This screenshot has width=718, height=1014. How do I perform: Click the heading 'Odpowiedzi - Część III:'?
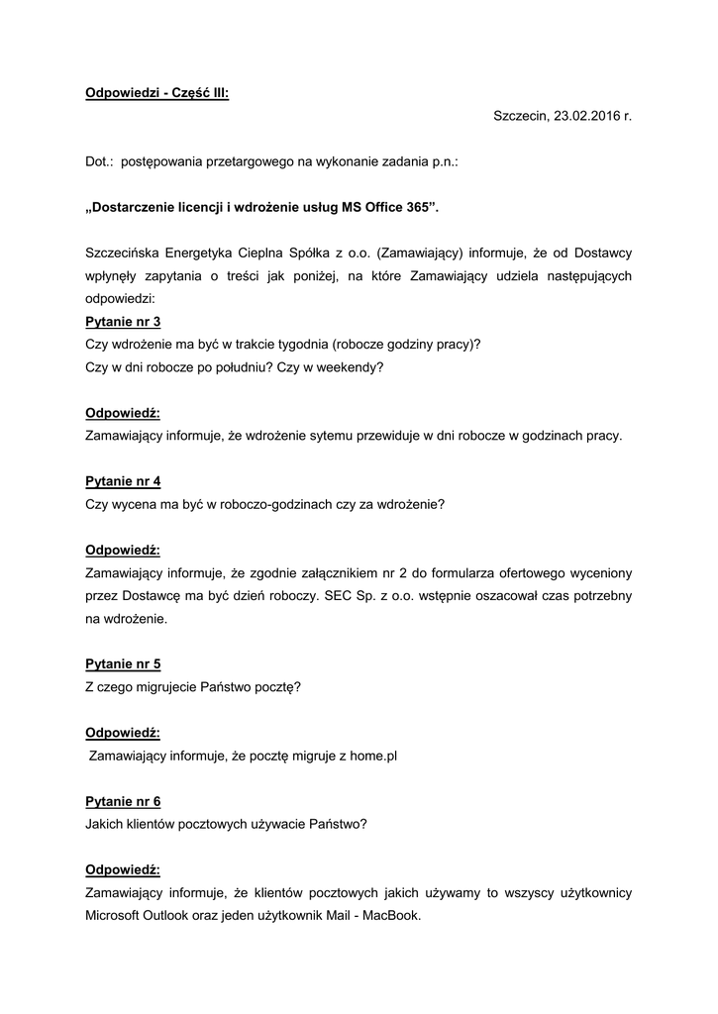[157, 93]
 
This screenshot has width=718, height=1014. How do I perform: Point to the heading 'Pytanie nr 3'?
[123, 322]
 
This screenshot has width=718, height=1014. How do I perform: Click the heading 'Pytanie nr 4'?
[123, 481]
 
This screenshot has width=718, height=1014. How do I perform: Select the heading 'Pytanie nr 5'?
[123, 664]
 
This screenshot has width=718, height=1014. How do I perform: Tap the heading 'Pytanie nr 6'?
[123, 802]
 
